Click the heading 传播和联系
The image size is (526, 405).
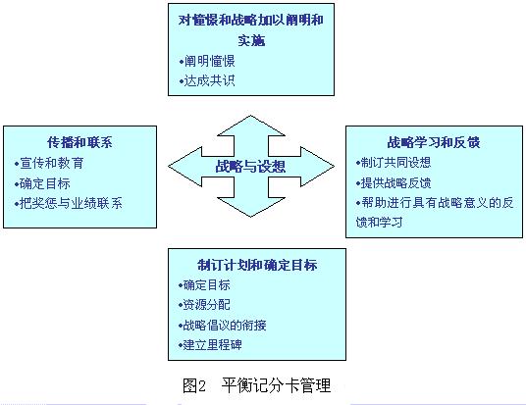click(x=79, y=142)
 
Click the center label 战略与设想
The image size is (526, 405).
click(x=250, y=167)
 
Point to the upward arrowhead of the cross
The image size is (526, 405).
click(x=251, y=127)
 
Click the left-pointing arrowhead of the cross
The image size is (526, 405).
click(x=184, y=167)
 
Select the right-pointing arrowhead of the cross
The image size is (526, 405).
click(x=317, y=167)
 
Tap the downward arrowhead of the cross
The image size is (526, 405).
click(x=251, y=207)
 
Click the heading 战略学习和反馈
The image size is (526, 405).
click(x=434, y=142)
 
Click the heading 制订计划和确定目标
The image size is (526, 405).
click(x=257, y=265)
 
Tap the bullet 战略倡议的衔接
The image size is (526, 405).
click(x=223, y=325)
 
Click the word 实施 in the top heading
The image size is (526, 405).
click(x=251, y=40)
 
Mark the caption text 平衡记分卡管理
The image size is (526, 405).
click(x=276, y=385)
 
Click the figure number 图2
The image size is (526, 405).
click(x=194, y=385)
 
